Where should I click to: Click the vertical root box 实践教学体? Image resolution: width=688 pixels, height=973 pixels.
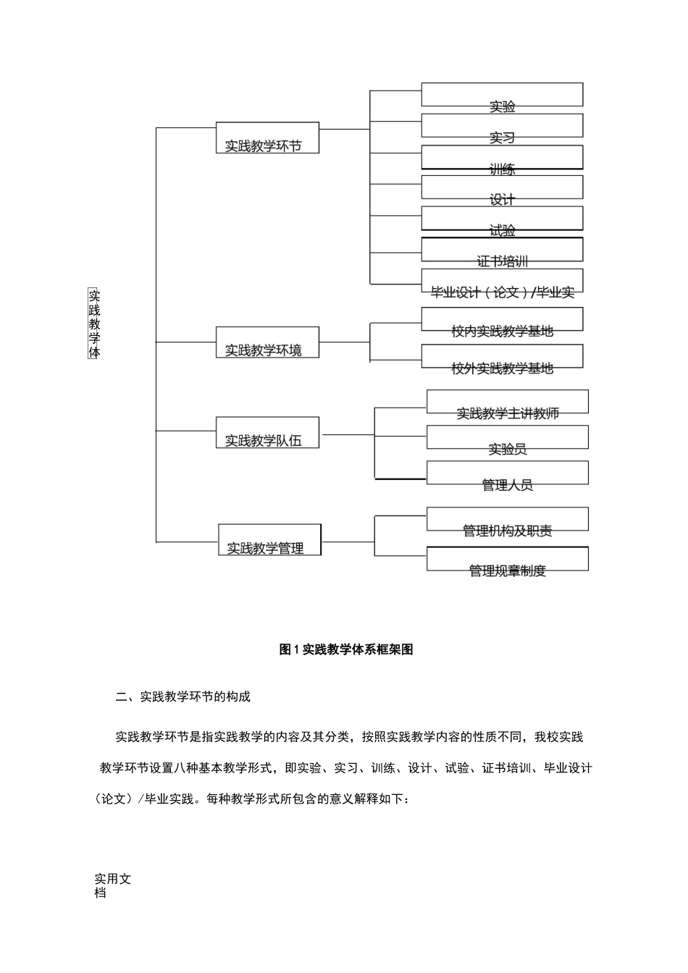[x=93, y=324]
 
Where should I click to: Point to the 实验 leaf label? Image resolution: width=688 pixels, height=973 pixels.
[x=502, y=107]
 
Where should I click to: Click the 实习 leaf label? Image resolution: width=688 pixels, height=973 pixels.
[x=502, y=138]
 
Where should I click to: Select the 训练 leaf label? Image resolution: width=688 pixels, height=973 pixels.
[x=502, y=169]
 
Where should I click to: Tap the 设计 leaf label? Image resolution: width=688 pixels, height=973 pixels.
[x=502, y=200]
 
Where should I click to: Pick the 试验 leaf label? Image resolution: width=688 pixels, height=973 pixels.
[x=502, y=231]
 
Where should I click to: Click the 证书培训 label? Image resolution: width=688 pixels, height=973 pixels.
[x=502, y=261]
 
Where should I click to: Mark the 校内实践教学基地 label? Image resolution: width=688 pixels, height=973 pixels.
[x=502, y=331]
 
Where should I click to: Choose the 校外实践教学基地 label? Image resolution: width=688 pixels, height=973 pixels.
[x=502, y=368]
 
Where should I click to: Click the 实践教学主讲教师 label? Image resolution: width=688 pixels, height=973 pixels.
[x=507, y=413]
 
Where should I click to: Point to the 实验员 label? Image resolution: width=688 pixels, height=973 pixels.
[x=507, y=449]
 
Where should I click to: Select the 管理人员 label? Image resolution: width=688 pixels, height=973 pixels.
[x=507, y=485]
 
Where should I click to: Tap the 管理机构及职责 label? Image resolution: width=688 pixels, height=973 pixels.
[x=507, y=531]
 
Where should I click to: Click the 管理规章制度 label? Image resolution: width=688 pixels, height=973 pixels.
[x=507, y=570]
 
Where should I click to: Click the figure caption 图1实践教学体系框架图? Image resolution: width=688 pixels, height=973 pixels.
[x=346, y=649]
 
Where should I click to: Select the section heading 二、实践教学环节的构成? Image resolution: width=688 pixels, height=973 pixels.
[x=183, y=696]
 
